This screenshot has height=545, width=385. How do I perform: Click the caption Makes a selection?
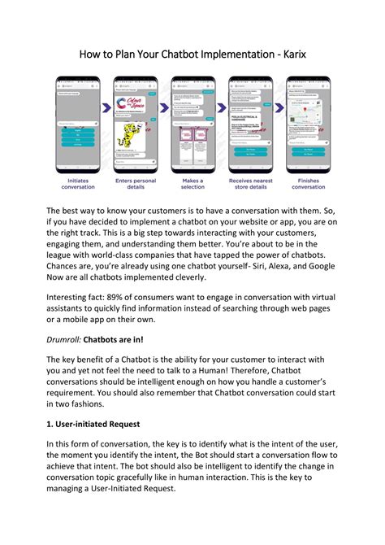(x=192, y=184)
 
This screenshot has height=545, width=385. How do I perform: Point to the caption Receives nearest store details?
(x=250, y=184)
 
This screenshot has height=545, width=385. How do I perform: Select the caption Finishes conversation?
(x=308, y=184)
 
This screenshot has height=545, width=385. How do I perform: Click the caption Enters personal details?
(x=135, y=184)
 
